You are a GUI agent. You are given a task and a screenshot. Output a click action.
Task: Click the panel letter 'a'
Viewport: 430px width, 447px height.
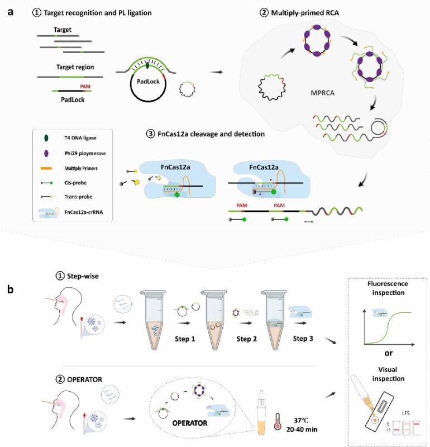11,12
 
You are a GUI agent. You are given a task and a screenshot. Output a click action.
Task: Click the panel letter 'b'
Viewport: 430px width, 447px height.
10,289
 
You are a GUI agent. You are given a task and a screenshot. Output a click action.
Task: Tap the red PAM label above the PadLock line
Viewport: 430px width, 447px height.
85,87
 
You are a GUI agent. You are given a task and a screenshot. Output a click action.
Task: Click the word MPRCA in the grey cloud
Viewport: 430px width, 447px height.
323,93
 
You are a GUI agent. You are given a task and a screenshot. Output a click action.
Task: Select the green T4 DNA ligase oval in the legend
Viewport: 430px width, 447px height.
46,138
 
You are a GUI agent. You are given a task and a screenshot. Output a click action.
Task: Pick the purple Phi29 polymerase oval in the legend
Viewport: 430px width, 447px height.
46,153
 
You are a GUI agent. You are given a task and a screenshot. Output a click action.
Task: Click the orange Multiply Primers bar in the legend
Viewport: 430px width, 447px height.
46,169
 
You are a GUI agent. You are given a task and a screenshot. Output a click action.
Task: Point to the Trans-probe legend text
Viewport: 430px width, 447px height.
78,197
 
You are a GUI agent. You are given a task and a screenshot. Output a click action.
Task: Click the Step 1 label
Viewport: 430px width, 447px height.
185,339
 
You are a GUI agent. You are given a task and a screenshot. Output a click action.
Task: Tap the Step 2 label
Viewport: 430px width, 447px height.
246,339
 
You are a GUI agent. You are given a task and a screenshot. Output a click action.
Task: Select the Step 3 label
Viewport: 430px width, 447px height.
303,339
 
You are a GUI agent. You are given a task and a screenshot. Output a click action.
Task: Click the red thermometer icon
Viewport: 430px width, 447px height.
277,421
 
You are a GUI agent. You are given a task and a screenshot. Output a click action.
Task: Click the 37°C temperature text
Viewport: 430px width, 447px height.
301,420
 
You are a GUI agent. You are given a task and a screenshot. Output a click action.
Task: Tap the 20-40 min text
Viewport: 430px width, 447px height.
302,429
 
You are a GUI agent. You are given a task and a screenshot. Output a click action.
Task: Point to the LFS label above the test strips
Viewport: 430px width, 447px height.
406,413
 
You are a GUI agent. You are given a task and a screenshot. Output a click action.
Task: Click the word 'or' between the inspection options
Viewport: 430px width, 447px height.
389,354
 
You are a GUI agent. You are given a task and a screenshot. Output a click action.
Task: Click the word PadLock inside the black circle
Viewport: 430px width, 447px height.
148,82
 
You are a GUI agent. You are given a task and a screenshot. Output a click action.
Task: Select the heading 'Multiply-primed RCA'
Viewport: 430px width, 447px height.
305,13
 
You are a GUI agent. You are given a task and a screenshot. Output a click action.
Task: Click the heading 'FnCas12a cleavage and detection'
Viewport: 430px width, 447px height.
211,134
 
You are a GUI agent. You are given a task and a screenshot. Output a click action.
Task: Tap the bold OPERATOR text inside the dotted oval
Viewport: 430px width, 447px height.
190,423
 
